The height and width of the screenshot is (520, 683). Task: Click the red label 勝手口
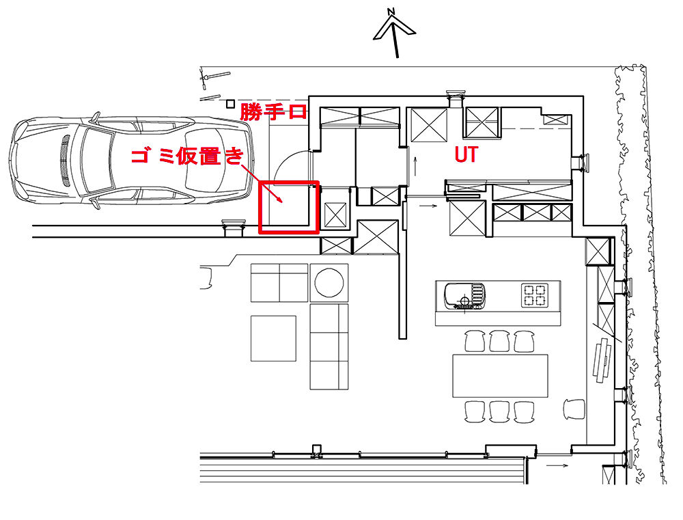[273, 111]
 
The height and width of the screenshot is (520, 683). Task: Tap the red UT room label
[466, 155]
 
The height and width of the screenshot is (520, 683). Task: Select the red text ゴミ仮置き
[186, 156]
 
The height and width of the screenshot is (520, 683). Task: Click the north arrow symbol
[394, 30]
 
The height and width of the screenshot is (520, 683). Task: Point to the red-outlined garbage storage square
[289, 207]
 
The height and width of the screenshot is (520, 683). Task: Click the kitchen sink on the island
[464, 296]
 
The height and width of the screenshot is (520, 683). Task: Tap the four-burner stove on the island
[534, 295]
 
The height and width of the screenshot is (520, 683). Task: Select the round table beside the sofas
[329, 282]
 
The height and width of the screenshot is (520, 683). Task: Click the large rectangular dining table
[501, 375]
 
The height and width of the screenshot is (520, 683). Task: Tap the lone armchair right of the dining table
[574, 409]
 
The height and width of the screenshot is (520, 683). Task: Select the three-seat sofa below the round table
[329, 346]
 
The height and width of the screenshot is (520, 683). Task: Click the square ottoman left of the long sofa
[273, 338]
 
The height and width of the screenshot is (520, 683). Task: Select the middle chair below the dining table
[499, 411]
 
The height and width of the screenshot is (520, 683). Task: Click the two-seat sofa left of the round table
[279, 282]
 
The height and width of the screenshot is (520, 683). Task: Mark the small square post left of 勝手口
[230, 104]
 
